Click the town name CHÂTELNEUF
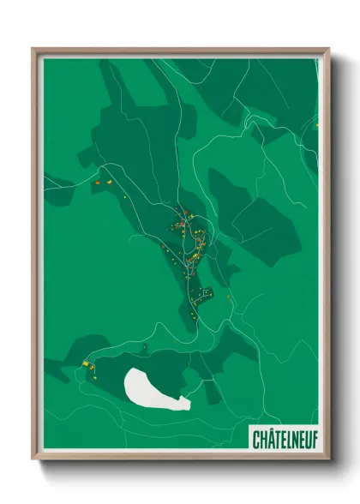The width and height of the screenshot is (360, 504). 285,440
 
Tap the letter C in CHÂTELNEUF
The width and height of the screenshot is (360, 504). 257,440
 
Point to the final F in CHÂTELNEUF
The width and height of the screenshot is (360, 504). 313,440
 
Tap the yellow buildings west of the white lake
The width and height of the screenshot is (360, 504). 87,366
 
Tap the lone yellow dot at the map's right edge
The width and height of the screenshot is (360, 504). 316,126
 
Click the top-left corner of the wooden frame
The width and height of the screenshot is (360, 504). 34,50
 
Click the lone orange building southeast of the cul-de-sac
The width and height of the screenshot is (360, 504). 230,298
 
